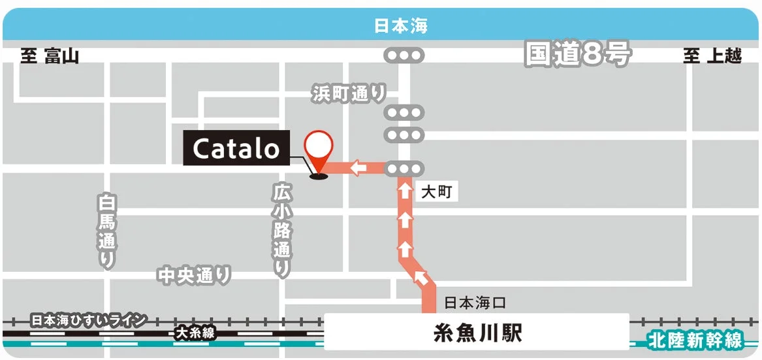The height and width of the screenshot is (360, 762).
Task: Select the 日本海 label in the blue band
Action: pos(401,26)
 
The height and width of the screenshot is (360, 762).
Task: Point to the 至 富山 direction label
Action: pos(50,56)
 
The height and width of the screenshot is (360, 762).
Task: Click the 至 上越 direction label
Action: pos(712,56)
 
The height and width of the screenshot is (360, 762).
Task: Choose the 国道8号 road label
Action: pos(577,55)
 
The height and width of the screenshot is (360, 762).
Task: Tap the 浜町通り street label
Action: pos(349,93)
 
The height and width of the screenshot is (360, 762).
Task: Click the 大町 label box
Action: pos(436,192)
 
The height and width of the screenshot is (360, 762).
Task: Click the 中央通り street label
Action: pos(195,275)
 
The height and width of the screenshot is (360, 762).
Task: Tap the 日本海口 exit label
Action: pos(475,303)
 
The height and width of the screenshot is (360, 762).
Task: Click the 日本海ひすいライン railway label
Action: pos(89,320)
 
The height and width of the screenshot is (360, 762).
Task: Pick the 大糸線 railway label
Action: pos(195,333)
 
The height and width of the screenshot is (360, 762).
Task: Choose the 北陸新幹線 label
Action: pos(695,340)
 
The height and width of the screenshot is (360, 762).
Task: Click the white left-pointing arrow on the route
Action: pos(358,169)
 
